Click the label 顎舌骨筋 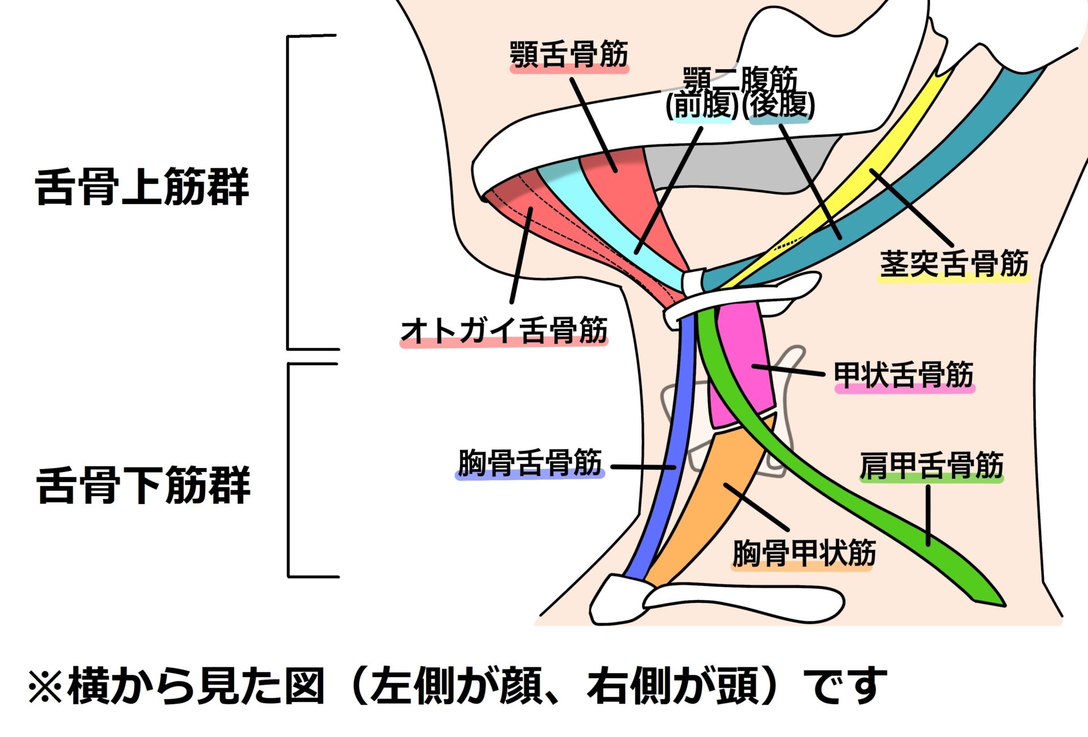coord(569,55)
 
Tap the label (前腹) coord(702,105)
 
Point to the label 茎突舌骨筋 coord(954,263)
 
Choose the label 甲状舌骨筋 coord(904,375)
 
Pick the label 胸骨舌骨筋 coord(530,463)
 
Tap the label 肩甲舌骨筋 coord(931,466)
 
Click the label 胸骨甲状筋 coord(804,553)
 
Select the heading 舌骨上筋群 coord(142,187)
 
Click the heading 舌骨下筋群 coord(143,485)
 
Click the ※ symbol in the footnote coord(45,687)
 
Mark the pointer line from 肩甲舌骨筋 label coord(928,516)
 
